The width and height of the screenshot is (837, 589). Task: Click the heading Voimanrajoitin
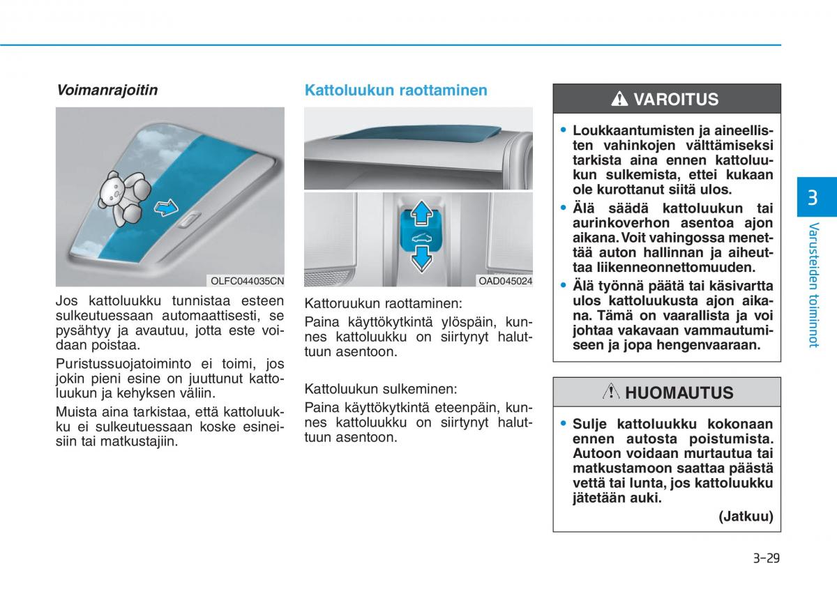(107, 90)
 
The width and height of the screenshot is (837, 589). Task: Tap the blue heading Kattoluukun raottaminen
(395, 90)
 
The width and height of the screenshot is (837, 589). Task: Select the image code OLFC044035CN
(248, 281)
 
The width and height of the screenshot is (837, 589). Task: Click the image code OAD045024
(505, 281)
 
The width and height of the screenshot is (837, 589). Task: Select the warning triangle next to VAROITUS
(619, 100)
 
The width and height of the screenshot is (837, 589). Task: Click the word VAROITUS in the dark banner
(675, 100)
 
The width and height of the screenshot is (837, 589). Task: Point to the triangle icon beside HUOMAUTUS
(611, 392)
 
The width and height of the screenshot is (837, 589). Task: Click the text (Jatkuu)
(746, 517)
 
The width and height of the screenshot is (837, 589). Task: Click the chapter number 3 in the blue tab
(813, 197)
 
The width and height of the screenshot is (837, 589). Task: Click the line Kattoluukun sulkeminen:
(380, 389)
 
